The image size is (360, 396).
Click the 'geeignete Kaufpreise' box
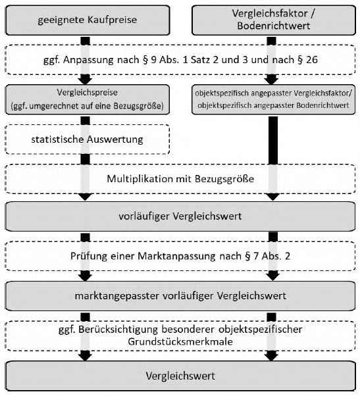[88, 20]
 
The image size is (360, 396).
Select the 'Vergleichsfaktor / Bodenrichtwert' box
[274, 20]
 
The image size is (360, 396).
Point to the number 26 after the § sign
[312, 60]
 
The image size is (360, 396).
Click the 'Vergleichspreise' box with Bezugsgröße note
[88, 99]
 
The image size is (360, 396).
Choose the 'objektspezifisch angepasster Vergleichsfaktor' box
[274, 99]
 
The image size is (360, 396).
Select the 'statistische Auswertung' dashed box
[88, 139]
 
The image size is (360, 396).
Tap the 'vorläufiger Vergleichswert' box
[180, 216]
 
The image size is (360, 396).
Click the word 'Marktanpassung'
[176, 257]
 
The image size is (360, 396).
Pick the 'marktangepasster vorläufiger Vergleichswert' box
[180, 296]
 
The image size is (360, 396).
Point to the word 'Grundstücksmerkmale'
[180, 341]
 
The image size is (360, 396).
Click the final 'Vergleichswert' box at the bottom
[180, 376]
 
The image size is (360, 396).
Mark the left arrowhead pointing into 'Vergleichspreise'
[86, 81]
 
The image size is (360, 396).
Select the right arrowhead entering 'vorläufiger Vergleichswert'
[273, 197]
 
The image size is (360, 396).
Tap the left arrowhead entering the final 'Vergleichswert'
[86, 357]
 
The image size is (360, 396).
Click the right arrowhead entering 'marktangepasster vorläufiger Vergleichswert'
[273, 277]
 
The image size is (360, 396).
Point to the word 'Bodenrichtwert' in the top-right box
[274, 26]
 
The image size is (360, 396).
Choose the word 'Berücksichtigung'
[118, 330]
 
